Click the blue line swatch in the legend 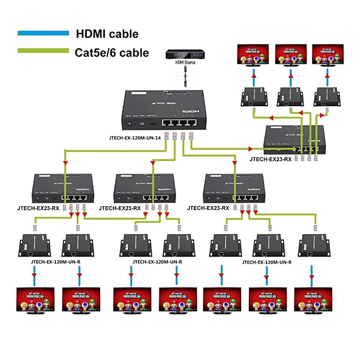(x=43, y=33)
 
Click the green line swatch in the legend (x=43, y=51)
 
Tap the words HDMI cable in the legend (x=107, y=33)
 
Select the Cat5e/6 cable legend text (x=112, y=53)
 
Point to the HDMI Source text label (x=184, y=64)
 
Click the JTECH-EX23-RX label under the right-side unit (x=271, y=159)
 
